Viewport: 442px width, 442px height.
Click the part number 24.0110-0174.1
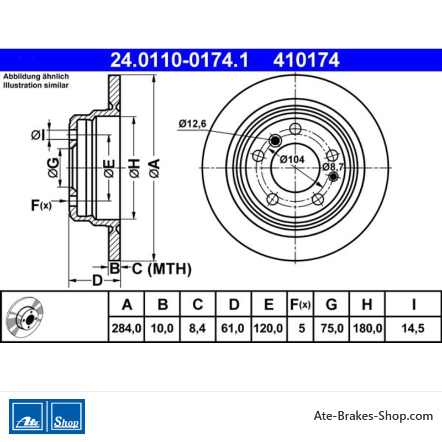[179, 60]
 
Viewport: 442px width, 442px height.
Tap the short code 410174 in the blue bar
[306, 60]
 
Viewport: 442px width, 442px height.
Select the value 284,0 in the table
[127, 328]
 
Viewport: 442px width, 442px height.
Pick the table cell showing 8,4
[197, 328]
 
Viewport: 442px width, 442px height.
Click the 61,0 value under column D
[233, 328]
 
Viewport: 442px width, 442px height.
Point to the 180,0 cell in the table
[367, 328]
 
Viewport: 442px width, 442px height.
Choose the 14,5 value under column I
[413, 328]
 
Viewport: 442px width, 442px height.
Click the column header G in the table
[331, 304]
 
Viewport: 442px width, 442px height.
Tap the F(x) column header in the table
[300, 304]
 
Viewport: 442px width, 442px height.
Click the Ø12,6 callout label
[192, 123]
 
